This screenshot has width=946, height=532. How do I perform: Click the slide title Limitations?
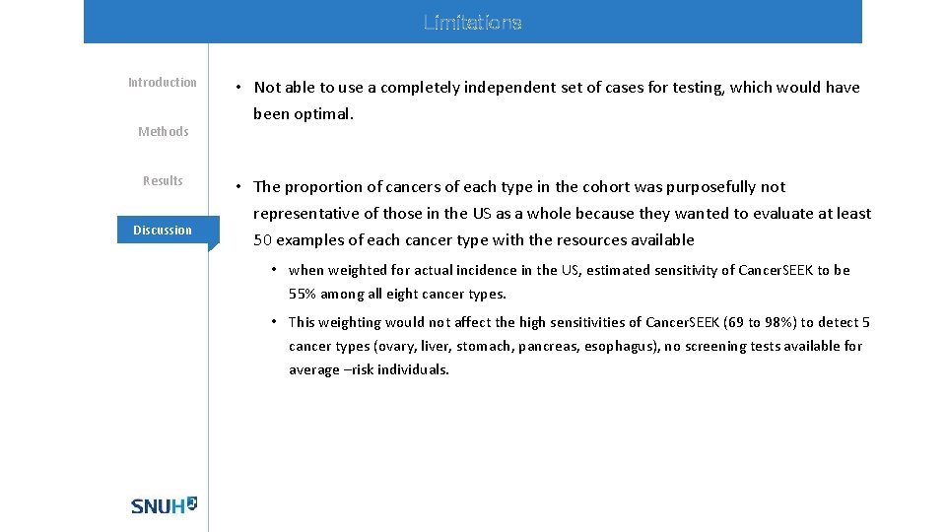pos(472,22)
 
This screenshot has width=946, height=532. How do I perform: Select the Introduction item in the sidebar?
pos(163,83)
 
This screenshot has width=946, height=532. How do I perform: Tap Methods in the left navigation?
pos(163,132)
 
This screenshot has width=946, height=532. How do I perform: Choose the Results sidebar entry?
pos(163,181)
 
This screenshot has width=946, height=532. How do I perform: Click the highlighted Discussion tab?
pos(163,231)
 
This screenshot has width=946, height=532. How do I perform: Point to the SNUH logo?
pos(164,505)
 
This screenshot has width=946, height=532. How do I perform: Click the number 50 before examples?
pos(262,240)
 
